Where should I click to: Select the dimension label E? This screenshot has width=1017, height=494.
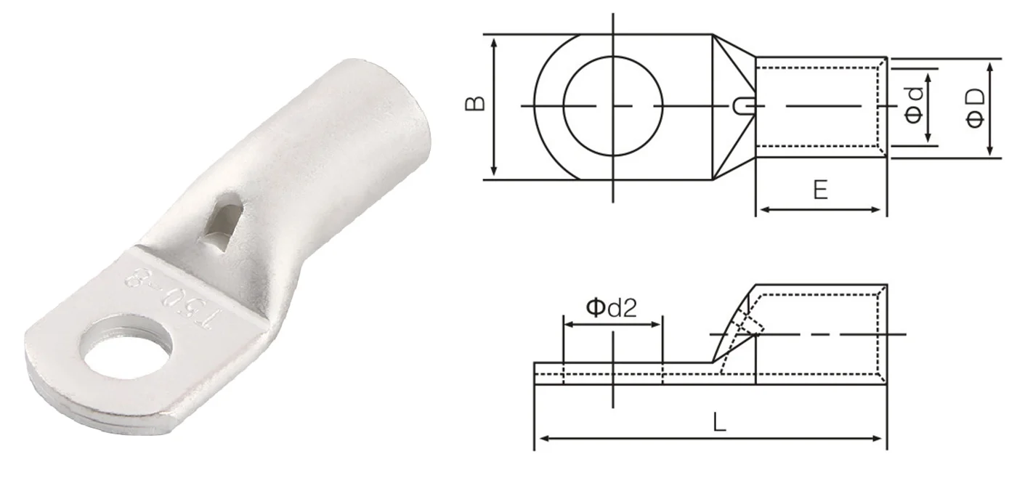coord(820,190)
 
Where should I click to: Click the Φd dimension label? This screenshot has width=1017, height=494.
coord(915,105)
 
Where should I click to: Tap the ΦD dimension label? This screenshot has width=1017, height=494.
coord(975,108)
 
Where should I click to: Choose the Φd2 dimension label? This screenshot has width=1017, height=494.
coord(612,307)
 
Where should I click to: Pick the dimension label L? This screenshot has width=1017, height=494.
coord(720,422)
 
